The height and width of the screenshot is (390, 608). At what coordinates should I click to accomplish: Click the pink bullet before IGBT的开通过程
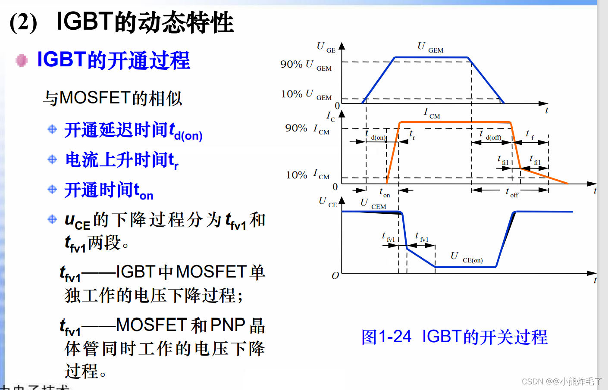point(22,60)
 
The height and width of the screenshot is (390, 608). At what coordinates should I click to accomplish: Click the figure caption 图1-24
point(386,337)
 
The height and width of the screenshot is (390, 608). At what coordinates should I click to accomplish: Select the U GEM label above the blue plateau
point(430,47)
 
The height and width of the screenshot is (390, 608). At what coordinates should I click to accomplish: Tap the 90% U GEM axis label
point(306,65)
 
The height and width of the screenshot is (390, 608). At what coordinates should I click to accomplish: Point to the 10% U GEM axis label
point(306,94)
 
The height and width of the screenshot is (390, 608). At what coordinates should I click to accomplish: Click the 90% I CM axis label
point(307,129)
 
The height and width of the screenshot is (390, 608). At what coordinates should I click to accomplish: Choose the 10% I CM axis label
point(307,175)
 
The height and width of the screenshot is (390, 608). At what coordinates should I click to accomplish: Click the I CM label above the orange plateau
point(432,113)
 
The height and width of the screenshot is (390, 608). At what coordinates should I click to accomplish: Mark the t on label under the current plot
point(384,193)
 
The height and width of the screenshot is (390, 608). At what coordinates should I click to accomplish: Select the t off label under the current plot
point(511,193)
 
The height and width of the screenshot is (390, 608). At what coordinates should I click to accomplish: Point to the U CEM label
point(373,204)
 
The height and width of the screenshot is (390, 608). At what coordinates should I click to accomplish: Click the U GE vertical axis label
point(326,47)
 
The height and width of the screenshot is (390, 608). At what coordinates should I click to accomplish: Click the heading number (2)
point(23,22)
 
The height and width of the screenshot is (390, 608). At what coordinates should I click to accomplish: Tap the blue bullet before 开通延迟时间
point(52,129)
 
